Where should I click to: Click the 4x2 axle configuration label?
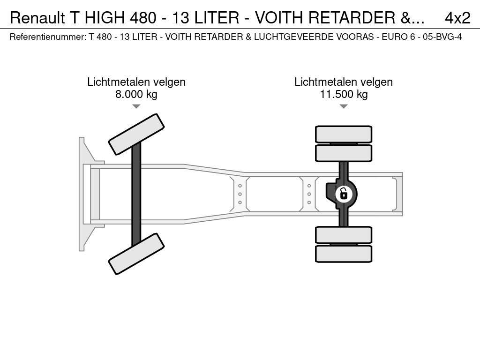coord(457,18)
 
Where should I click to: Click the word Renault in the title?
coord(38,18)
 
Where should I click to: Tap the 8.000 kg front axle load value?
coord(136,94)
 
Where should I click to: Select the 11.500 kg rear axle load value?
coord(344,94)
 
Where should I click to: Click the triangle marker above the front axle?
coord(136,106)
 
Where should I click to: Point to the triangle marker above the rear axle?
coord(344,106)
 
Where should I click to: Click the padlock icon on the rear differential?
coord(344,193)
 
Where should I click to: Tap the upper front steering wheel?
coord(136,134)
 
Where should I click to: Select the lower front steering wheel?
coord(136,254)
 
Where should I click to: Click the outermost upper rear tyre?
coord(344,134)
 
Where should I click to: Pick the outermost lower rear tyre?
coord(344,254)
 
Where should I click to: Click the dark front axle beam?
coord(136,193)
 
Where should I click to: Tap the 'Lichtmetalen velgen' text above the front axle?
coord(136,82)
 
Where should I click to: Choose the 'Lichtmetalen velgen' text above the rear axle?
coord(344,82)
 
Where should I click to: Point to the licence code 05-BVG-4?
coord(442,37)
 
